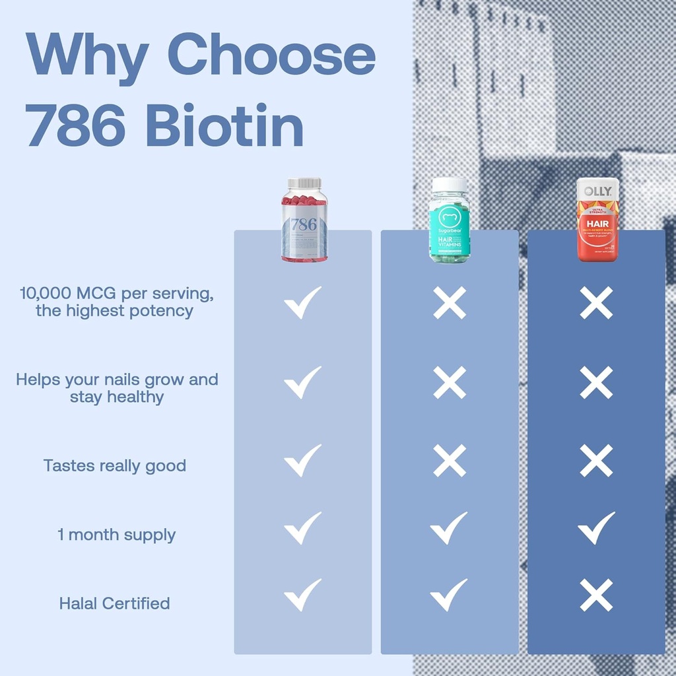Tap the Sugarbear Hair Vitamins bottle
[x=450, y=220]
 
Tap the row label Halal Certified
[x=114, y=603]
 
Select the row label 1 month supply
[x=116, y=535]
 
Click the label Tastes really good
[x=115, y=465]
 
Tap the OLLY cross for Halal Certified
[x=596, y=596]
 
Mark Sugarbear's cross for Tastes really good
[x=450, y=460]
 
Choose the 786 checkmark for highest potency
[x=302, y=302]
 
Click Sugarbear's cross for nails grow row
[x=450, y=382]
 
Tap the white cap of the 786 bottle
[x=304, y=183]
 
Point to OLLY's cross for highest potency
[x=596, y=303]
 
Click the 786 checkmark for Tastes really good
[x=302, y=460]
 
